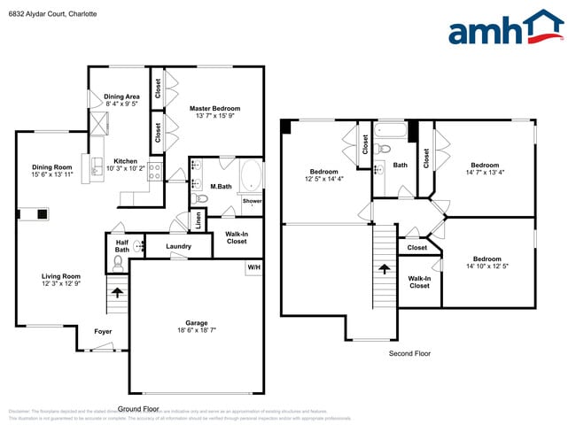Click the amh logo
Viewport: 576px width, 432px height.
505,28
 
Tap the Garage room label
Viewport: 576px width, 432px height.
196,323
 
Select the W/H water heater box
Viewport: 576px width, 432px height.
254,267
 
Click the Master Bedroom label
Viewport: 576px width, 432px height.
214,108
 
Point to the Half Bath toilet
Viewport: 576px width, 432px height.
119,263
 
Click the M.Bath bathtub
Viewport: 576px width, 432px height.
250,175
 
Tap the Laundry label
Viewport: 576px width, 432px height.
179,246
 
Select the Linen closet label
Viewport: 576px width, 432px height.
198,219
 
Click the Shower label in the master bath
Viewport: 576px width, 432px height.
252,201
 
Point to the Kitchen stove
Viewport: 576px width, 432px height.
154,171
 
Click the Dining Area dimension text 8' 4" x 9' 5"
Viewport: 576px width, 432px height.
121,104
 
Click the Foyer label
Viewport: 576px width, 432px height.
103,331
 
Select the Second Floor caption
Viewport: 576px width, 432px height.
410,353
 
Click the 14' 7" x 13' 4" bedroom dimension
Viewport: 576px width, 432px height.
485,173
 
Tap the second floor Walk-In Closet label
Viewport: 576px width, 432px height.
419,282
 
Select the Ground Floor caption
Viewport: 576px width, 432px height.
138,409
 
